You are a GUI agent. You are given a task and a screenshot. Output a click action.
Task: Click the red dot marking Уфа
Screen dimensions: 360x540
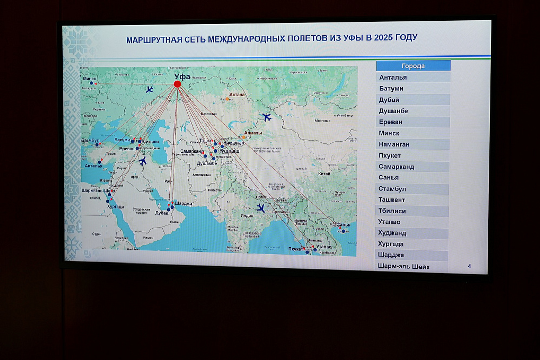click(x=177, y=84)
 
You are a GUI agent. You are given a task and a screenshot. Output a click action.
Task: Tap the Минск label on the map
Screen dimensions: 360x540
click(x=89, y=79)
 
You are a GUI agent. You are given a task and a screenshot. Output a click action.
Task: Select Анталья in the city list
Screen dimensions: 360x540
click(x=393, y=77)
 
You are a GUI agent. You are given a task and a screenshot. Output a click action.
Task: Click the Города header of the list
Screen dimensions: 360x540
click(x=413, y=66)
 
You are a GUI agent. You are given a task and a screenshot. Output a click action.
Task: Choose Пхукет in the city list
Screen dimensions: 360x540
click(x=389, y=156)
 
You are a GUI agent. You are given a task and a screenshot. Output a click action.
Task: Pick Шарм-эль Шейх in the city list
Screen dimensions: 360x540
click(x=404, y=267)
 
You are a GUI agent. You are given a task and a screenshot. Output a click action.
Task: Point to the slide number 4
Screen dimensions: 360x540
click(x=469, y=266)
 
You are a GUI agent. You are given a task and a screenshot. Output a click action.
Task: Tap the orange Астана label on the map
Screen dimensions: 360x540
click(x=237, y=95)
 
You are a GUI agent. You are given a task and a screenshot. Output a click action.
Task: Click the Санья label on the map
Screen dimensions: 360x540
click(x=343, y=225)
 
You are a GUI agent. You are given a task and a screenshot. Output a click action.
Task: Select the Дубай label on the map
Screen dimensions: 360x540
click(x=162, y=213)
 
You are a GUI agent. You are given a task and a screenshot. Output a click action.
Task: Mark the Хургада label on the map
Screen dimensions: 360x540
click(x=115, y=206)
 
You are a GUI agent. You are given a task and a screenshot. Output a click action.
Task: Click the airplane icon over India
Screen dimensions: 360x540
click(x=260, y=208)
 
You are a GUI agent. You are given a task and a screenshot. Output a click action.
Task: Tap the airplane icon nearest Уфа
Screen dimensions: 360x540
click(x=149, y=89)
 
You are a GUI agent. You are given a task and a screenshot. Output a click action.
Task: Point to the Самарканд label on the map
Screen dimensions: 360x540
click(x=192, y=151)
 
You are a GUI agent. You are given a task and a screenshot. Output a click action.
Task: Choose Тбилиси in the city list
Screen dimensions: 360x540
click(x=392, y=211)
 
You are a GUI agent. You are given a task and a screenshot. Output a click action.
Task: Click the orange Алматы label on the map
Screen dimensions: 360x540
click(x=253, y=133)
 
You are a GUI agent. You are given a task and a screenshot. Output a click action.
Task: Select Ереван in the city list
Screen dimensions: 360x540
click(x=390, y=122)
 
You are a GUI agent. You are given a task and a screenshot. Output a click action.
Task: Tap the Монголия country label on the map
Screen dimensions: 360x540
click(x=322, y=120)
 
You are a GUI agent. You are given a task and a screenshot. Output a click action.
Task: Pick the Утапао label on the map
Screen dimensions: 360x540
click(x=324, y=247)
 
